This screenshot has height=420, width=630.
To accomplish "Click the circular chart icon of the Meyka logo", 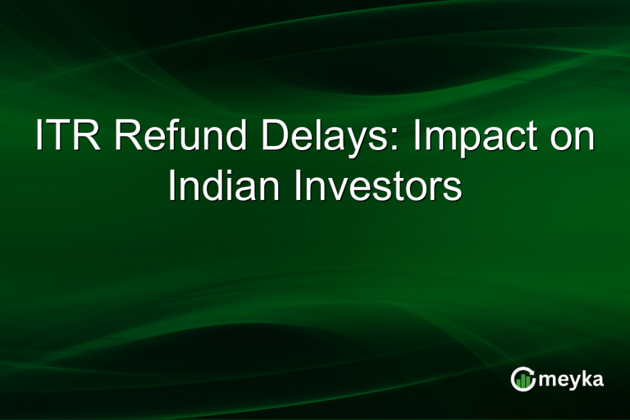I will tap(523, 378).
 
